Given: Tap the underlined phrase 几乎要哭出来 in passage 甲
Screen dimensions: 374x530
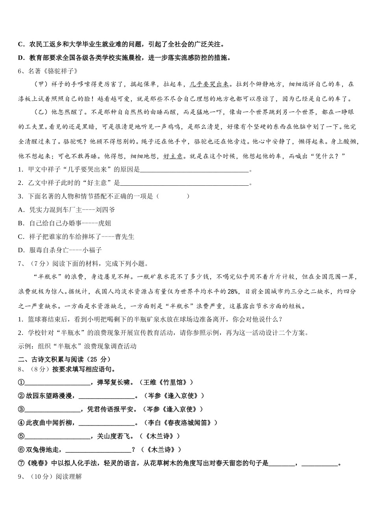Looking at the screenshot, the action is point(209,84).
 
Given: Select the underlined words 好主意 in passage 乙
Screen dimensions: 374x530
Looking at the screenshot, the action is point(173,156).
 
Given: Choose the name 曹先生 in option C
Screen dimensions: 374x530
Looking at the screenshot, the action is point(125,237).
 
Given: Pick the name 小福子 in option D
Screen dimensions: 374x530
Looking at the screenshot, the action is point(93,250).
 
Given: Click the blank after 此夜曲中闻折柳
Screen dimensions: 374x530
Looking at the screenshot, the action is point(107,423).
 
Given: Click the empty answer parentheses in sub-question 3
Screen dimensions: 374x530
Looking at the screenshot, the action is point(173,196).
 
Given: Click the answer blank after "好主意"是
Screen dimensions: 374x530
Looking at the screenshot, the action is point(185,183).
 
